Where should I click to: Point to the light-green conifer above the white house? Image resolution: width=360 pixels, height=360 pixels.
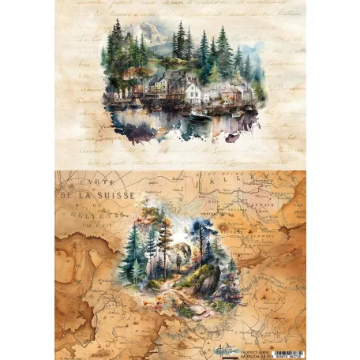[214, 73]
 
